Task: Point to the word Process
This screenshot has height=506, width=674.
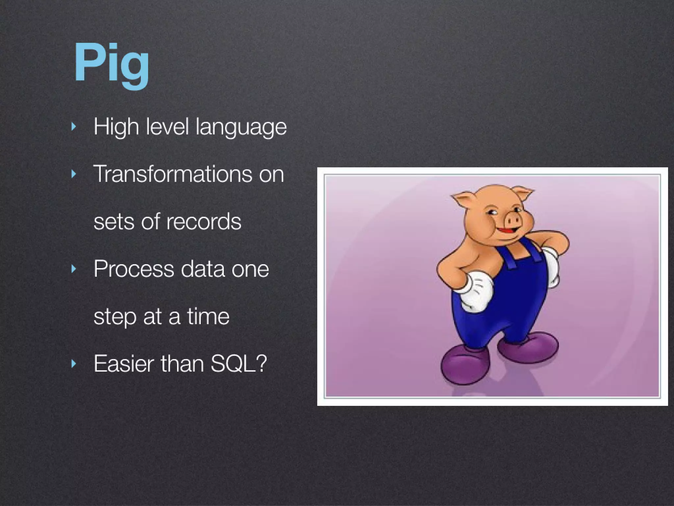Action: pos(133,269)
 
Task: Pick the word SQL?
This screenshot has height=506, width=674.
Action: pos(239,364)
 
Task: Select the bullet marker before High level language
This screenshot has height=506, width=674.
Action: pos(74,126)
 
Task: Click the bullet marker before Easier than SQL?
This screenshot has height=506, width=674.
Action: pos(74,364)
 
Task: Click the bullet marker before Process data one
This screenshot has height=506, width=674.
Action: pos(74,269)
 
